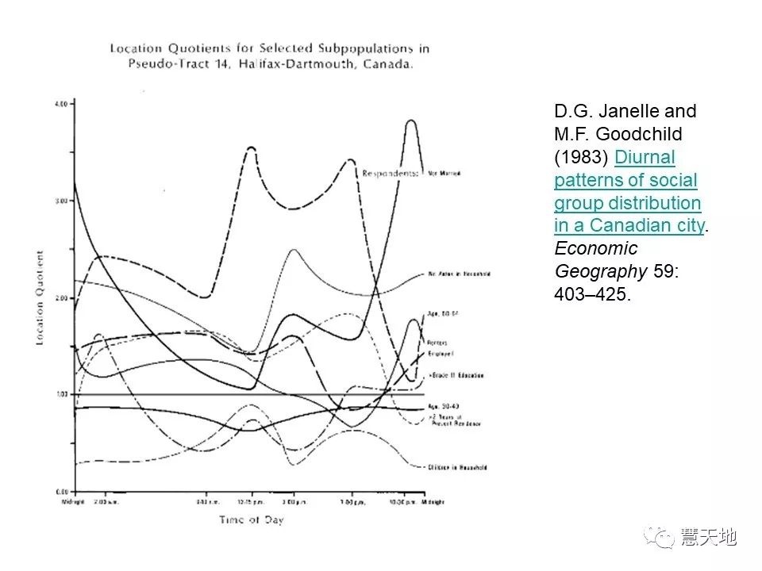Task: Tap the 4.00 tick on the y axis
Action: click(62, 104)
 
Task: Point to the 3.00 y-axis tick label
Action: click(62, 201)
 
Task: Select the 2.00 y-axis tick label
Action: click(62, 297)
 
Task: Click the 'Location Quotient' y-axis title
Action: click(40, 297)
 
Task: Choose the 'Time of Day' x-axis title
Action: click(252, 520)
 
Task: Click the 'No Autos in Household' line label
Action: click(459, 274)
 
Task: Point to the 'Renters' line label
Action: click(438, 343)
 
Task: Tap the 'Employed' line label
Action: click(439, 351)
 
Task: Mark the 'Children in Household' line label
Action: click(457, 467)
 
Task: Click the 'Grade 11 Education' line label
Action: click(456, 375)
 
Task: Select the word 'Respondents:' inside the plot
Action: click(390, 172)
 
